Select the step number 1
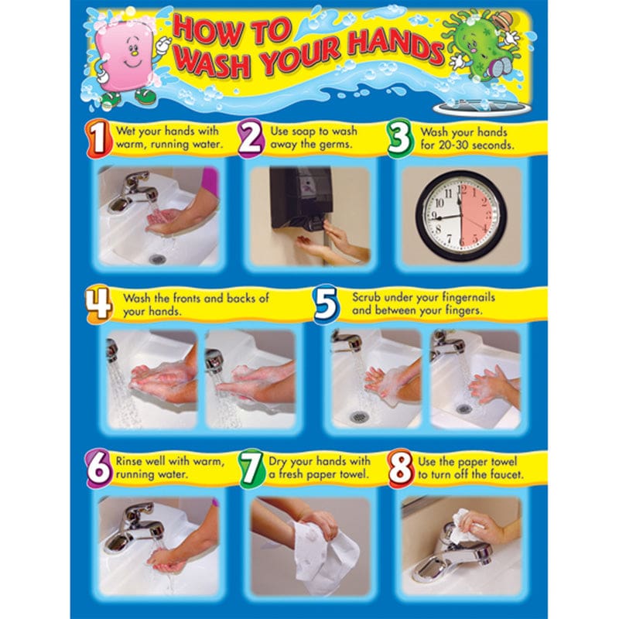click(97, 139)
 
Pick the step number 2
click(250, 139)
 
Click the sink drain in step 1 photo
click(158, 258)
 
